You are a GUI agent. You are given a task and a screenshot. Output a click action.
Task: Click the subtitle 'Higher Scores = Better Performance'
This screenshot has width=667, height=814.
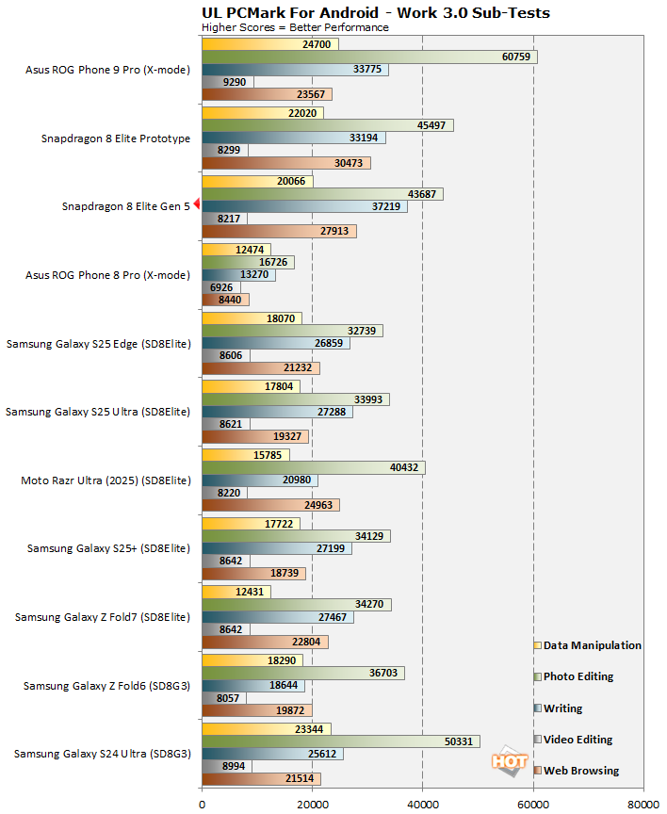coord(295,27)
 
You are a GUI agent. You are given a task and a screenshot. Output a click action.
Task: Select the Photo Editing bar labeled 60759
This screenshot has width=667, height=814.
coord(368,57)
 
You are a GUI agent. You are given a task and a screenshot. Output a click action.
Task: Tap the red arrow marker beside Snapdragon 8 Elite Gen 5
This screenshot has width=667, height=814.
coord(197,206)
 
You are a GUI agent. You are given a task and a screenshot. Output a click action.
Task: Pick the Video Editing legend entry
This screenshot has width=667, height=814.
coord(578,740)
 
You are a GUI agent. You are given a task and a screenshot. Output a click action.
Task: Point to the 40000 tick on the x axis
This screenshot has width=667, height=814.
coord(422,804)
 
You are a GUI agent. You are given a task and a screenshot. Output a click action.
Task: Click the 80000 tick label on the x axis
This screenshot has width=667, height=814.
coord(643,804)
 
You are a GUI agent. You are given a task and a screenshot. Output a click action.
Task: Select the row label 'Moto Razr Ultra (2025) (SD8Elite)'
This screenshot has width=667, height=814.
coord(106,480)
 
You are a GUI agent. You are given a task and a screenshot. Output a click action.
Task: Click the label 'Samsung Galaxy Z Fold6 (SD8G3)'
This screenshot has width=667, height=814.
coord(107,686)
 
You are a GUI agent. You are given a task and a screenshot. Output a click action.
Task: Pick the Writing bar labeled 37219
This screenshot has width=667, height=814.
coord(304,206)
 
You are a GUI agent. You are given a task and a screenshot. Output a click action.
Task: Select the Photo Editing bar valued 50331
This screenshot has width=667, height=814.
coord(340,741)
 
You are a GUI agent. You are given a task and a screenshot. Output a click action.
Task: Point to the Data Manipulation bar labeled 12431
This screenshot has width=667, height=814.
coord(236,592)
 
